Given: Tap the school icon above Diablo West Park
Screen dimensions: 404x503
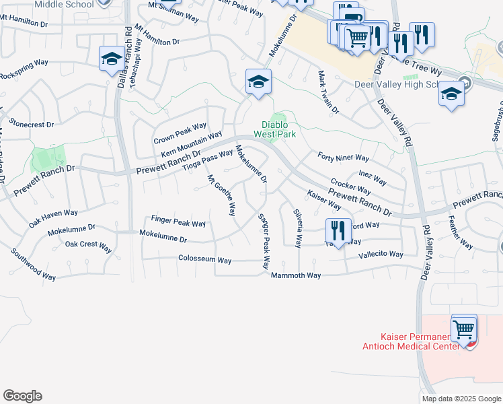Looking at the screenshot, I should pos(258,82).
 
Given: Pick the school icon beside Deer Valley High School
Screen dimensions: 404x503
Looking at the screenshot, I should pos(451,94).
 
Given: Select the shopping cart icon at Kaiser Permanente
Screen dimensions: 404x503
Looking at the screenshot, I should pos(464,329).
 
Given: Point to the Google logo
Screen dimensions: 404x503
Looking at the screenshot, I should pos(22,396).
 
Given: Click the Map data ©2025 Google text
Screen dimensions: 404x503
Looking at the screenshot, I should pos(461,399).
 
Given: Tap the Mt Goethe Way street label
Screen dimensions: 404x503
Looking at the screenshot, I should pos(221,195).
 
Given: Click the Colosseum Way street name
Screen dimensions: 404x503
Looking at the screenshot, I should pos(204,260).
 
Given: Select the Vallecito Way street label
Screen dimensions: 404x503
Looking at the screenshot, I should pos(381,255).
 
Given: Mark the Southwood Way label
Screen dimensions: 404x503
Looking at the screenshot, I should pos(33,265).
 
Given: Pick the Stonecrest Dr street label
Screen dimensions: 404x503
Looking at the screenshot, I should pos(32,125).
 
